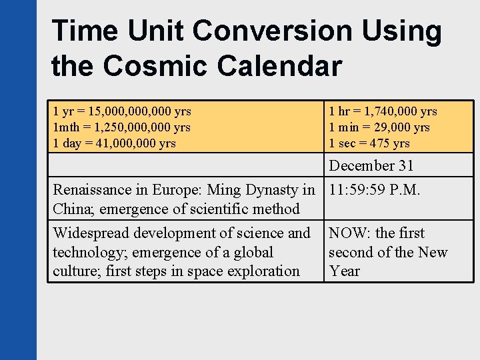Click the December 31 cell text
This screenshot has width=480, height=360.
(371, 165)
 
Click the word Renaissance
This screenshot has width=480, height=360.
(94, 190)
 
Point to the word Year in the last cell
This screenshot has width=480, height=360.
(344, 271)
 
